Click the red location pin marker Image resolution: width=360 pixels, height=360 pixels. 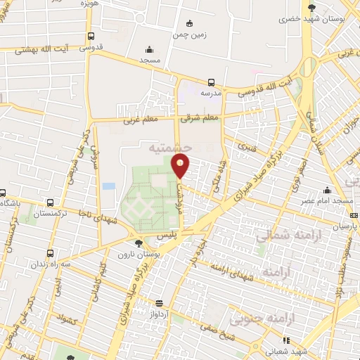pos(181,166)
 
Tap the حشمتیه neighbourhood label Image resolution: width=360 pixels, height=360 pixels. pos(171,149)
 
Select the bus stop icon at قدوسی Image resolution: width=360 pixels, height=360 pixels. pos(91,37)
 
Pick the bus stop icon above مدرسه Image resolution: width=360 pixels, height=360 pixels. pos(212,82)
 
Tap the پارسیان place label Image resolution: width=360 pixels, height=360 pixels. pos(345,226)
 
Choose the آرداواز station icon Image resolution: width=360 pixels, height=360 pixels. pos(160,303)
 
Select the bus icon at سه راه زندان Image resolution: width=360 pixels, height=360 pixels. pos(50,253)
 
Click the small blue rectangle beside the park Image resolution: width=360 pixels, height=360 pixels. pos(108,186)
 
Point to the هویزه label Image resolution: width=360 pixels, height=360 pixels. pos(86,4)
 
